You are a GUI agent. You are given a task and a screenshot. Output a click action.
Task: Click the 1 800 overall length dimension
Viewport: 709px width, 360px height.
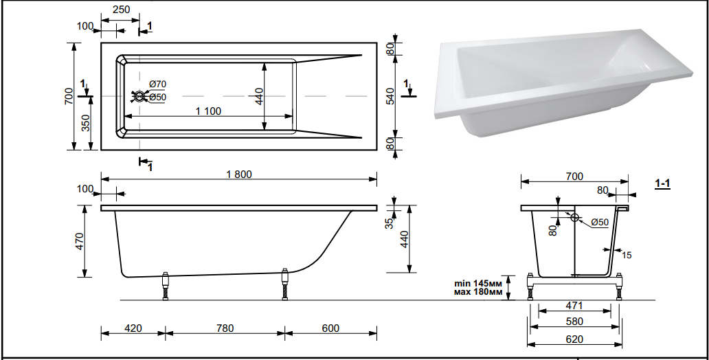point(239,174)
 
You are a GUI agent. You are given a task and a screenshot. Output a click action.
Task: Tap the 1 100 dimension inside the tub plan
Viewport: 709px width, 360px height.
point(208,111)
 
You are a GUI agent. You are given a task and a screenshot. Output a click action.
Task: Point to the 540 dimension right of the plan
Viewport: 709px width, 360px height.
point(390,96)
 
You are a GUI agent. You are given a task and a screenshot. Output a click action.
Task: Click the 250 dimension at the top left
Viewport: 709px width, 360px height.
point(121,10)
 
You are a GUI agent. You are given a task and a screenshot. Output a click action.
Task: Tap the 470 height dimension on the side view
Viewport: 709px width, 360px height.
point(79,241)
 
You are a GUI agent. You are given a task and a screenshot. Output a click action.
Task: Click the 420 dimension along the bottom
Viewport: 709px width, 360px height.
point(133,328)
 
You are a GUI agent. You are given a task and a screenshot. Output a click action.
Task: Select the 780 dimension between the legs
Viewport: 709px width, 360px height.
point(225,328)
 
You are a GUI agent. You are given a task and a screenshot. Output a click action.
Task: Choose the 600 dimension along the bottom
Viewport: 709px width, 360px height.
point(330,328)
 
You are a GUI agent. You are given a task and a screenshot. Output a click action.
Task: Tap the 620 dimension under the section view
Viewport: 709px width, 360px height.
point(574,339)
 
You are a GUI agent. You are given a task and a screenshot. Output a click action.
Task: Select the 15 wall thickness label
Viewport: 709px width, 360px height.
point(626,255)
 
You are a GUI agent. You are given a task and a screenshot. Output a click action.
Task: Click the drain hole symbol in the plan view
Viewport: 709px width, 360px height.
point(140,97)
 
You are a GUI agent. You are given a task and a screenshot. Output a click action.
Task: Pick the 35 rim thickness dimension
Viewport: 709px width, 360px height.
point(389,223)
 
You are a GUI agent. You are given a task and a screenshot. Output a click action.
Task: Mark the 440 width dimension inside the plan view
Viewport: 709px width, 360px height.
point(258,95)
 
